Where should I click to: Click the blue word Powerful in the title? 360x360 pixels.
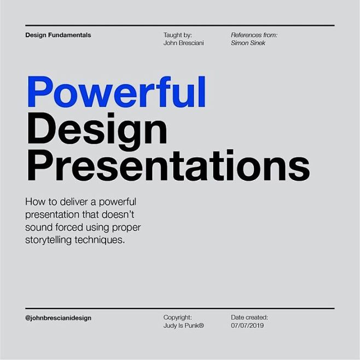point(116,92)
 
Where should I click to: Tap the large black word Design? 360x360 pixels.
point(96,129)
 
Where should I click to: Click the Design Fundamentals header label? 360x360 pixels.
point(58,35)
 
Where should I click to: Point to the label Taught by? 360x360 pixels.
point(177,35)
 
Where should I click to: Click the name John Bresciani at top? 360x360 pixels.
point(183,43)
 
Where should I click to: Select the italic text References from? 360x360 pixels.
point(254,35)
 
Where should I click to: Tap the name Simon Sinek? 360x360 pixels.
point(248,43)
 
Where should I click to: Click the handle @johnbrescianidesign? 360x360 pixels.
point(58,318)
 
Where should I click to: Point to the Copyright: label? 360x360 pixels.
point(178,317)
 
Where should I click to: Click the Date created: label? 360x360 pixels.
point(249,317)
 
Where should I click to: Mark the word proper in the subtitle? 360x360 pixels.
point(131,227)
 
